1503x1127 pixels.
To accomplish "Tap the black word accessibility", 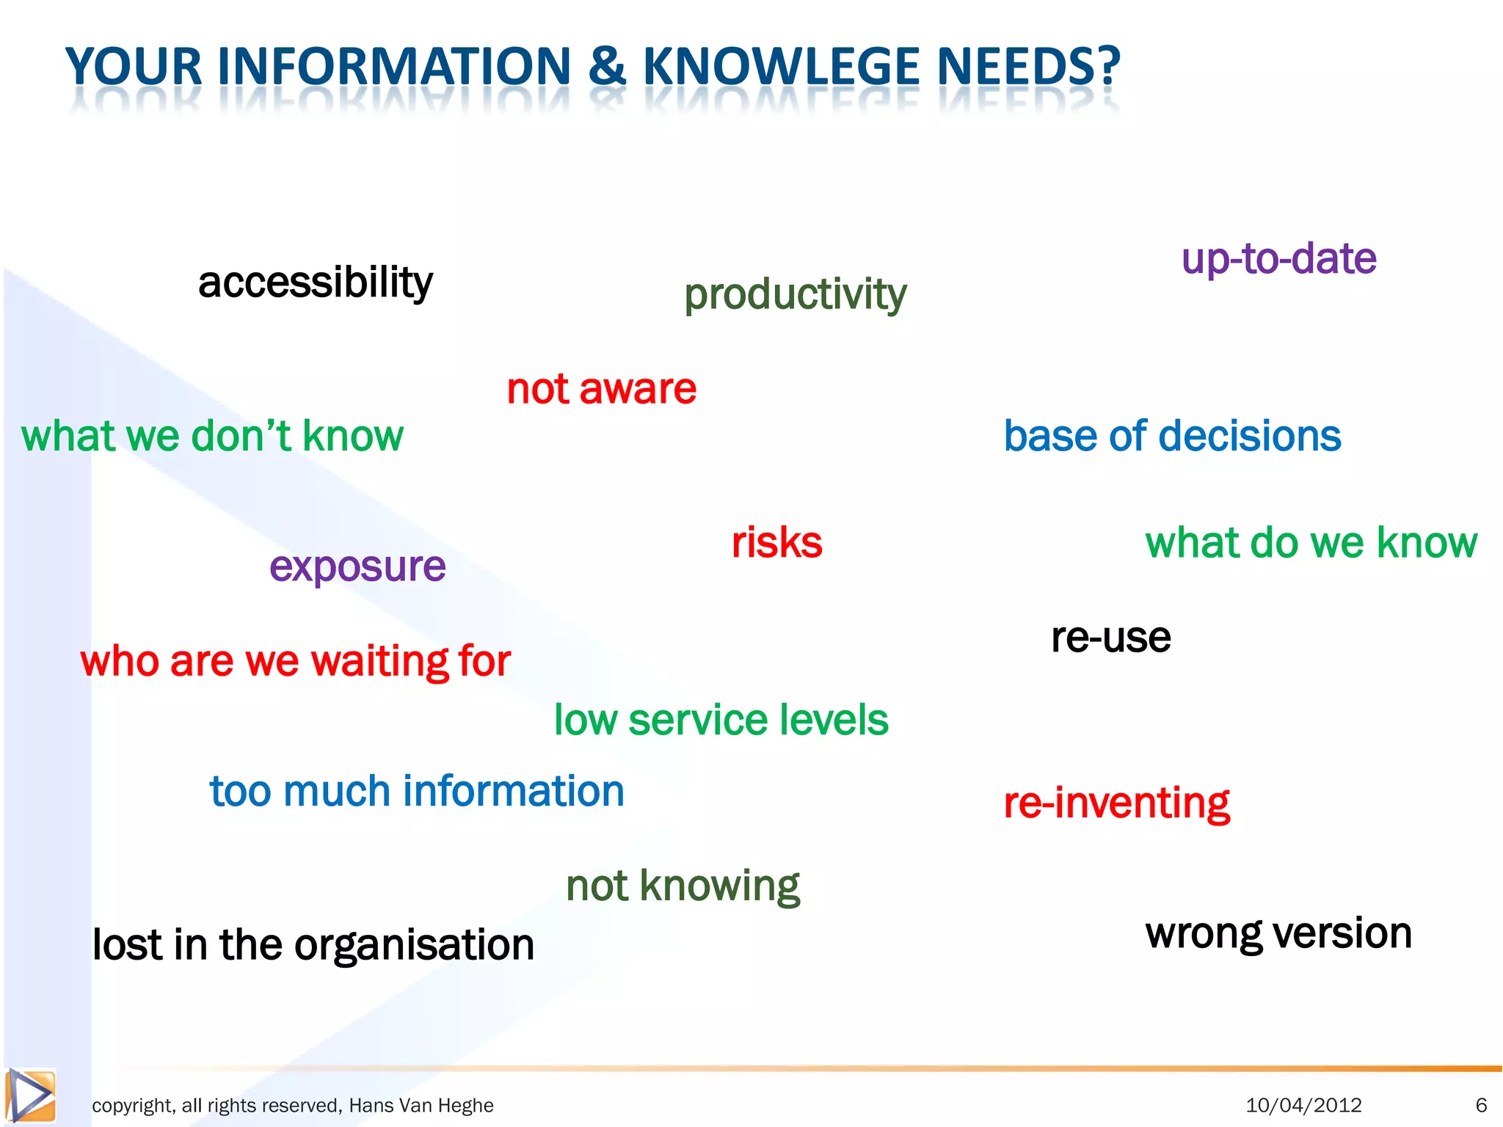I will pyautogui.click(x=316, y=283).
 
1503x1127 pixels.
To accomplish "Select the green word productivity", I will pyautogui.click(x=795, y=294).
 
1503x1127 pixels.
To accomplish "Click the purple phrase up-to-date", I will pyautogui.click(x=1278, y=259).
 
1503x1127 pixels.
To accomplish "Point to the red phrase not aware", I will pyautogui.click(x=601, y=389).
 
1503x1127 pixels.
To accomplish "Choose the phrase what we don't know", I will pyautogui.click(x=212, y=436).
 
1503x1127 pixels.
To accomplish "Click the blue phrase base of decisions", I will pyautogui.click(x=1172, y=436).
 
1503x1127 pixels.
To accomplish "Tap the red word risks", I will pyautogui.click(x=776, y=543).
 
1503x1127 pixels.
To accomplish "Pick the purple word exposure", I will pyautogui.click(x=357, y=567).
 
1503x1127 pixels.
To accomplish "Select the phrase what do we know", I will pyautogui.click(x=1311, y=543).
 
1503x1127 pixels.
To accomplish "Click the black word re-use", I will pyautogui.click(x=1110, y=637).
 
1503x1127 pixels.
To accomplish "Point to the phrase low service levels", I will pyautogui.click(x=721, y=720).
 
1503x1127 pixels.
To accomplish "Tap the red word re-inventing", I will pyautogui.click(x=1116, y=803).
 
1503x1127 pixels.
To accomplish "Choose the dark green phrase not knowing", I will pyautogui.click(x=683, y=886).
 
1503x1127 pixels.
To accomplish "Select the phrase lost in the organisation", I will pyautogui.click(x=313, y=945).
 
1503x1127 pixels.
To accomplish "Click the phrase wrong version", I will pyautogui.click(x=1278, y=934).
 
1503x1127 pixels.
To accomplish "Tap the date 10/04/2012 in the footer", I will pyautogui.click(x=1303, y=1105).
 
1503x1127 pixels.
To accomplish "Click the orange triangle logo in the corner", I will pyautogui.click(x=31, y=1096).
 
